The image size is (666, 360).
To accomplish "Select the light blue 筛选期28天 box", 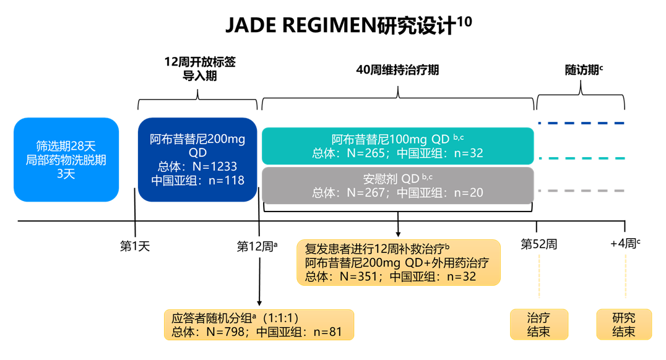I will tap(66, 160).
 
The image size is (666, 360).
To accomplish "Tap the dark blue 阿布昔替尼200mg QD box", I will tap(197, 160).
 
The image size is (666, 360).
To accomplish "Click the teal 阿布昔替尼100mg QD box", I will tap(397, 146).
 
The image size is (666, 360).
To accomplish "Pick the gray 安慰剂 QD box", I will tap(397, 185).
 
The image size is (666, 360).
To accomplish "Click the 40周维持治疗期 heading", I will tap(397, 70).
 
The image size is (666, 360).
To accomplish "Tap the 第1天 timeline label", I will tap(135, 246).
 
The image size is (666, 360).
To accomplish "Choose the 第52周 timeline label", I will tap(538, 244).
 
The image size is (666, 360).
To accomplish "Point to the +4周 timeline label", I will tap(625, 244).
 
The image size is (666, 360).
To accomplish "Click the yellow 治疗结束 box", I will tap(538, 325).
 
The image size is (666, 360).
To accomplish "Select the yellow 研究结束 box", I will tap(624, 325).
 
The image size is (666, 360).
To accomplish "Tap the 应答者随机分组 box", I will tap(259, 325).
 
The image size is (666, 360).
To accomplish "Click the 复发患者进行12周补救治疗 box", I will tap(398, 262).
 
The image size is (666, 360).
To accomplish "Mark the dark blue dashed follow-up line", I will tap(581, 123).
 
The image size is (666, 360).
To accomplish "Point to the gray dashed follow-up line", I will tap(581, 191).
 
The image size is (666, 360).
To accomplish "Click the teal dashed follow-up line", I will tap(581, 158).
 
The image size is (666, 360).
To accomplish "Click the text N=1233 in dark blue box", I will tap(214, 166).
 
